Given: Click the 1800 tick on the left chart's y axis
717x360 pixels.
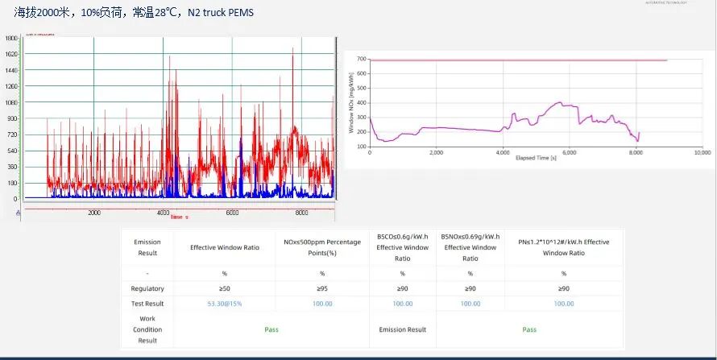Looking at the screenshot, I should click(x=11, y=38).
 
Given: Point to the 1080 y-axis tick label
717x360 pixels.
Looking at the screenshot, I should click(x=11, y=102).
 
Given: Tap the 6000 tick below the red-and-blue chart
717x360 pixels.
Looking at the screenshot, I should click(x=232, y=213).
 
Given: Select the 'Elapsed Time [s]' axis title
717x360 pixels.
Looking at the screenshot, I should click(x=536, y=158).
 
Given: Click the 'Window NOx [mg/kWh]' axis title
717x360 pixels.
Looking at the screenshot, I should click(x=351, y=102).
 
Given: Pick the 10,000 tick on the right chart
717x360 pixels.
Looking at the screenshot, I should click(x=702, y=152).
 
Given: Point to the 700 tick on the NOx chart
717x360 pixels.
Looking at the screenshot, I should click(x=362, y=60).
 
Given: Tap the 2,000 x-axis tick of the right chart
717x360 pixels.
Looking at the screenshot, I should click(x=436, y=152).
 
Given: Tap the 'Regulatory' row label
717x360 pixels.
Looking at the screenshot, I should click(x=147, y=288).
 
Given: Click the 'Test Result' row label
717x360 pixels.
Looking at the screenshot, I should click(x=147, y=303).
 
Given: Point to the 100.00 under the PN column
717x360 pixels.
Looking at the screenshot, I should click(x=563, y=303).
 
